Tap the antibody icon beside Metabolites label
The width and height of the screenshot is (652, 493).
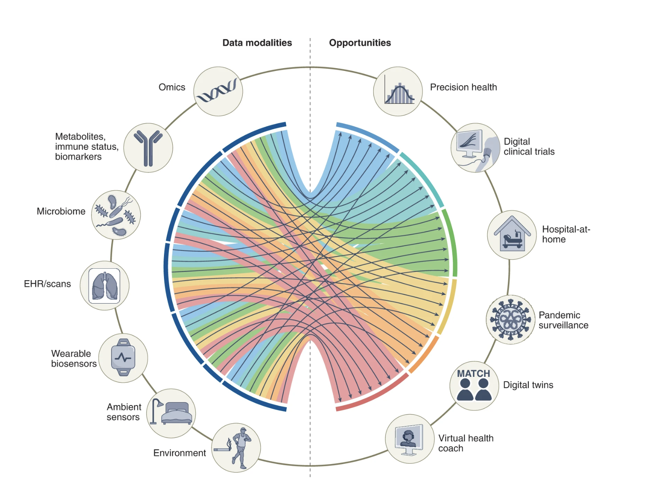[148, 148]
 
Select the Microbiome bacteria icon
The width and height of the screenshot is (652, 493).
[116, 215]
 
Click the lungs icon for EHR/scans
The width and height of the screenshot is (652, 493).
[105, 286]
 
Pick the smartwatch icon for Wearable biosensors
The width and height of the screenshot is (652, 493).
[123, 357]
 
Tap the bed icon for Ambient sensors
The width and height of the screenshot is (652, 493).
[177, 413]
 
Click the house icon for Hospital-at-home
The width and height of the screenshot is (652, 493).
[512, 235]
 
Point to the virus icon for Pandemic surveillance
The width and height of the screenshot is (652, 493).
[511, 319]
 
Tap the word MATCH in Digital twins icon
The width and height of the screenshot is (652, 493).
[473, 374]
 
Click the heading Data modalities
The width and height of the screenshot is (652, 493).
[257, 43]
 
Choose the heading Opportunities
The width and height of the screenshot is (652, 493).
[360, 43]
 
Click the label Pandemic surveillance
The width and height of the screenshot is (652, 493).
[563, 320]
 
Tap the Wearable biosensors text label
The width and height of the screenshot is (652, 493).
[73, 359]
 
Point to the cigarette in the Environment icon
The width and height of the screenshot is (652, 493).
[223, 449]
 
